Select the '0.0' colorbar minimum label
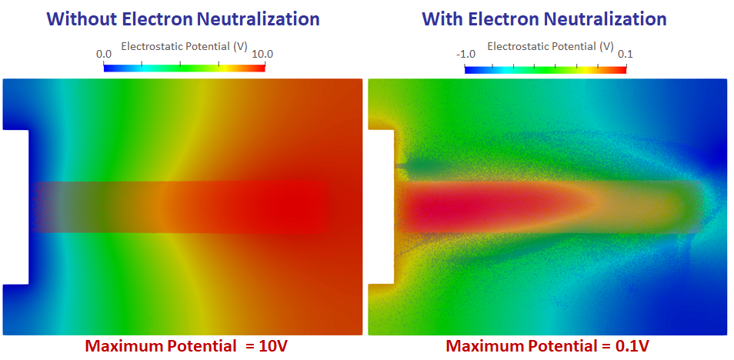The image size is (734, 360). pos(104,54)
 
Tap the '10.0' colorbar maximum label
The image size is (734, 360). pos(262,54)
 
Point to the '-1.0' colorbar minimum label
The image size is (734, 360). pos(465,54)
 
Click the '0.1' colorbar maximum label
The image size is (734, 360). pos(625,54)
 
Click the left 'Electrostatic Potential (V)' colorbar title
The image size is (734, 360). pos(184,47)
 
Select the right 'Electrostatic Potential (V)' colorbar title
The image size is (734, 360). pos(550,47)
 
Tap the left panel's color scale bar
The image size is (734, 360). pos(184,68)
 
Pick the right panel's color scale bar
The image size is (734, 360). pos(545,68)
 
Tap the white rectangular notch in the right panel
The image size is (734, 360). pos(381,207)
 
